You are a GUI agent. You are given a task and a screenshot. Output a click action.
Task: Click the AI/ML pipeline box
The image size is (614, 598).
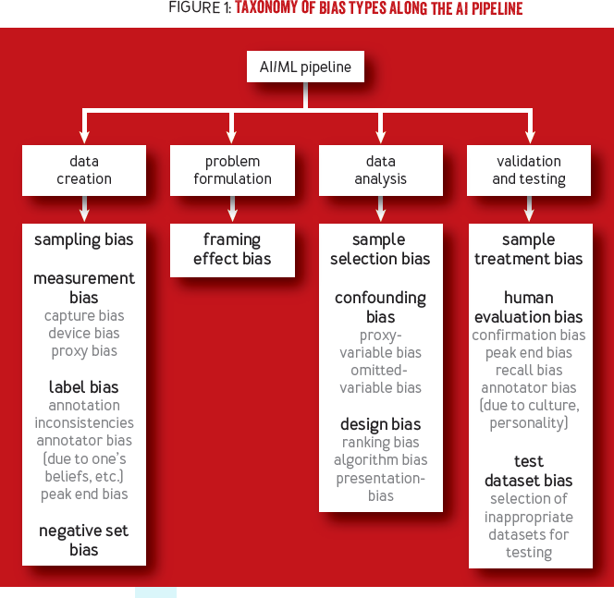(306, 67)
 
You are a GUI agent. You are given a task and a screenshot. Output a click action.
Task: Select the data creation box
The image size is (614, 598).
(84, 170)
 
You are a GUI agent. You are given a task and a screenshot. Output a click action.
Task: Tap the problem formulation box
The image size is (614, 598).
(232, 170)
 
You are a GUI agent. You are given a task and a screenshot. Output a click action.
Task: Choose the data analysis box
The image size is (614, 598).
(380, 170)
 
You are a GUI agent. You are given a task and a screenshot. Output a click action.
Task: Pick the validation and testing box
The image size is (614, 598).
(529, 170)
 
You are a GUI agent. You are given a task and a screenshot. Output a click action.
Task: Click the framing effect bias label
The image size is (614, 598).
(232, 250)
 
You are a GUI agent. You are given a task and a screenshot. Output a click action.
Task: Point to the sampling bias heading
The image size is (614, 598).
(84, 240)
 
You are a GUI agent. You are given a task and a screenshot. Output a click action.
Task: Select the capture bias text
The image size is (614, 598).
(84, 316)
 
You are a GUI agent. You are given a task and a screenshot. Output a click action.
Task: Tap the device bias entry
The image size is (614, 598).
(84, 334)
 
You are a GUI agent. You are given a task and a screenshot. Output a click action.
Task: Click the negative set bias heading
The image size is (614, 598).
(84, 541)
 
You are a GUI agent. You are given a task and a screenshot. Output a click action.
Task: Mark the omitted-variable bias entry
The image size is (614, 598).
(380, 379)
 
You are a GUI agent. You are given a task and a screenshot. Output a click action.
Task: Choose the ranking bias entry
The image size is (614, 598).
(380, 443)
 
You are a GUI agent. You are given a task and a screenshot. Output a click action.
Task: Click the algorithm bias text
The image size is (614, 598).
(380, 460)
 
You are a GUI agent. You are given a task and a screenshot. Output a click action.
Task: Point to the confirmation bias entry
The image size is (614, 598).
(529, 336)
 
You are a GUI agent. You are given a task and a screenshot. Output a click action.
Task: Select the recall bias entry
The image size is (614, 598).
(529, 371)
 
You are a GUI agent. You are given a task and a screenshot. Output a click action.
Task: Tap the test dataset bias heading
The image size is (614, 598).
(529, 471)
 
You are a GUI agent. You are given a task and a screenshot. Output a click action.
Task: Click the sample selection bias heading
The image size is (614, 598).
(380, 250)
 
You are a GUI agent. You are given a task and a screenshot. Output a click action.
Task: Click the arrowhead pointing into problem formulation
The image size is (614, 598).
(232, 137)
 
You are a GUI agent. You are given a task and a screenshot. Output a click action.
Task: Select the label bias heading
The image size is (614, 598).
(84, 387)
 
